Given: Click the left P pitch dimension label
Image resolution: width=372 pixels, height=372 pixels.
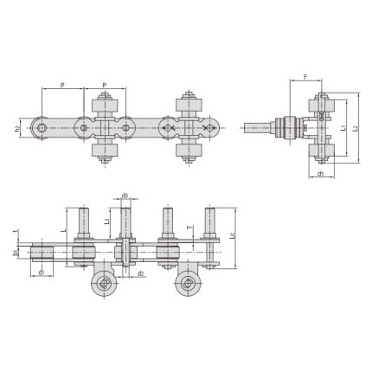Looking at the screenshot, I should pyautogui.click(x=63, y=86).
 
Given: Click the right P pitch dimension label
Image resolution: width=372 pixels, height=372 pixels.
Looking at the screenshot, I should pyautogui.click(x=105, y=86).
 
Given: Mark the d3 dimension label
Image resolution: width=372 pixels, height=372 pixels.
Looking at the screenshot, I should pyautogui.click(x=125, y=196).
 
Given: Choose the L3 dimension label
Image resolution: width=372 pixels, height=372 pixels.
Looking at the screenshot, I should pyautogui.click(x=106, y=222).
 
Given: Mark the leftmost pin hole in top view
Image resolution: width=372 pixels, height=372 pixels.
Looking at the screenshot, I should pyautogui.click(x=42, y=130).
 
